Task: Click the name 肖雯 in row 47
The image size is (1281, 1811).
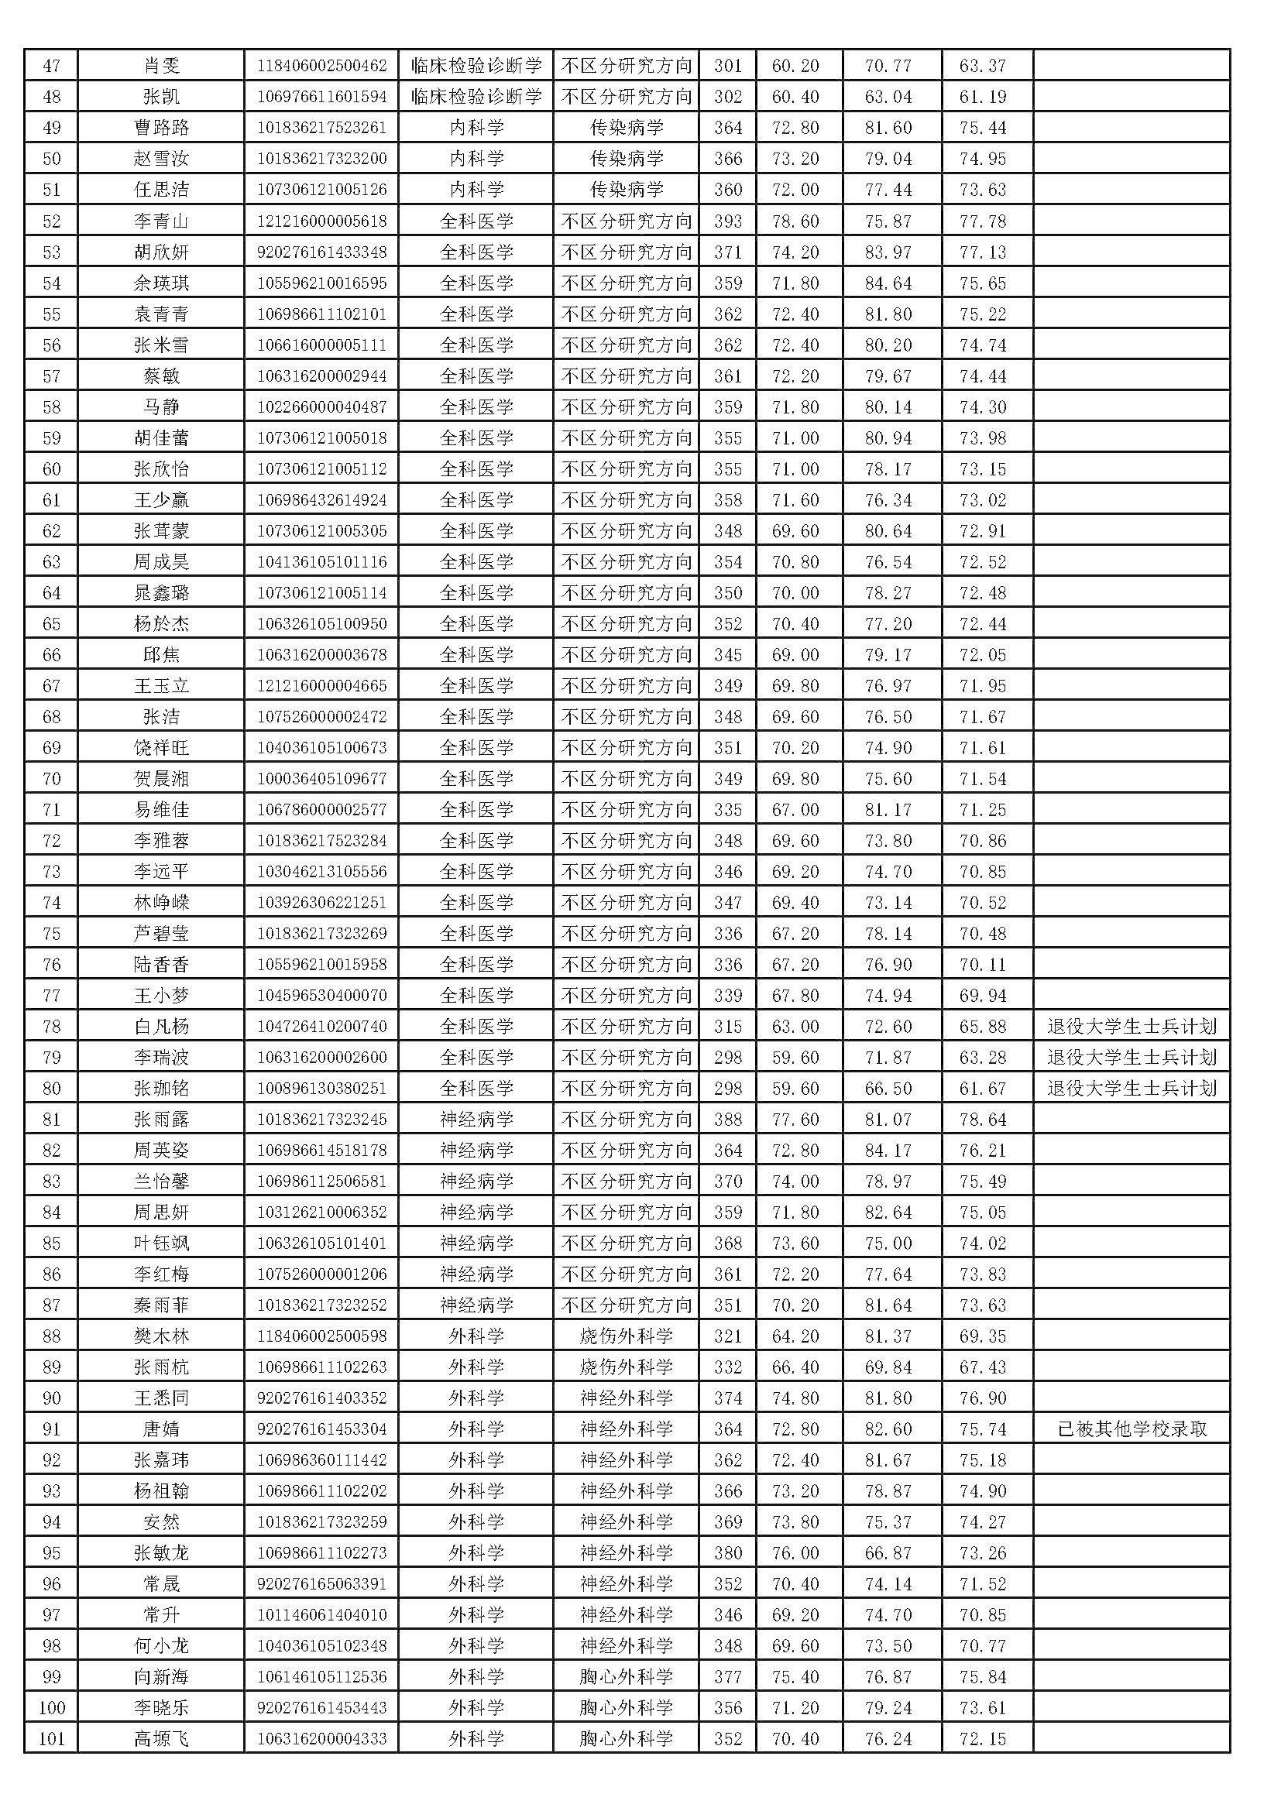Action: [x=161, y=66]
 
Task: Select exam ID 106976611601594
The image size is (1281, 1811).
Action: [x=322, y=97]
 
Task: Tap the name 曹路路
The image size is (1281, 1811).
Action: [x=161, y=128]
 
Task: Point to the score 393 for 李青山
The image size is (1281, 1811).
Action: [x=727, y=221]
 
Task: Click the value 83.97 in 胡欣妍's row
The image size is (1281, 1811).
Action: [x=888, y=252]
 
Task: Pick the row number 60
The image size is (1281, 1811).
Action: [x=51, y=469]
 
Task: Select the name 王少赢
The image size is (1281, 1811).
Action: [x=161, y=500]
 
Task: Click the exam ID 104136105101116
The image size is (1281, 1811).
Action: [x=322, y=562]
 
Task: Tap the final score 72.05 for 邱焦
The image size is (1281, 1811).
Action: [x=983, y=655]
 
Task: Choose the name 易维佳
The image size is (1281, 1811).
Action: [x=161, y=810]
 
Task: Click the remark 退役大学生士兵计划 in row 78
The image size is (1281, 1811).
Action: [x=1132, y=1027]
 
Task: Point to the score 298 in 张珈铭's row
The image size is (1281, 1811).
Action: [x=727, y=1089]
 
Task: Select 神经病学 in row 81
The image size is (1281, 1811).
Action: [x=476, y=1120]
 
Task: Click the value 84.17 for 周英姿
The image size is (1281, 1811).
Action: [x=888, y=1151]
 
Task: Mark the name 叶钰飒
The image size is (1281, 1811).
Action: [x=161, y=1244]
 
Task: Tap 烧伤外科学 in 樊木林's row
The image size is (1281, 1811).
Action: [x=627, y=1336]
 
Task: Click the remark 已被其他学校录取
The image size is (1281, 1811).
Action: [x=1132, y=1429]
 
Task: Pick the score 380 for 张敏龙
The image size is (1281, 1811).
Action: [x=727, y=1553]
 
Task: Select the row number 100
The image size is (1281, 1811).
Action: [x=51, y=1709]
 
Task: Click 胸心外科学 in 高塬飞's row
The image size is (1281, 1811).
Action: [x=627, y=1739]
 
